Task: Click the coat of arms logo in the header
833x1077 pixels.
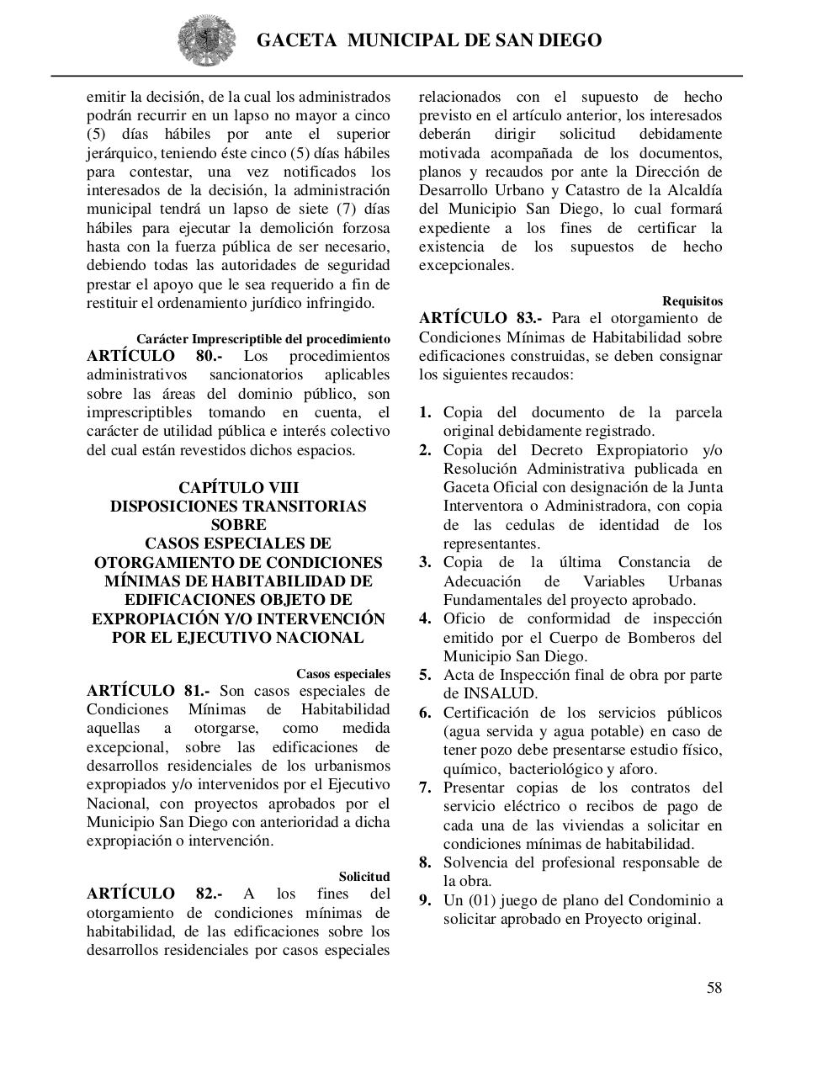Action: [201, 40]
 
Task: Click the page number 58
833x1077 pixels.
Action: [714, 988]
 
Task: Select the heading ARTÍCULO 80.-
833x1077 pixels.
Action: [155, 356]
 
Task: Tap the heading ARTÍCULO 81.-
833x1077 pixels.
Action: [148, 691]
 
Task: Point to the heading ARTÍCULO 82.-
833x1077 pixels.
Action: [155, 894]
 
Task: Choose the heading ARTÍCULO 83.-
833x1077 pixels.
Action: [480, 318]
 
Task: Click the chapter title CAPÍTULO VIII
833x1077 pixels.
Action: [238, 488]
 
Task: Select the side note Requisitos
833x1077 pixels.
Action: [692, 301]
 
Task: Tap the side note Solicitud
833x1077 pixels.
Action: [364, 877]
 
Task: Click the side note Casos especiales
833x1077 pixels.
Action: [342, 674]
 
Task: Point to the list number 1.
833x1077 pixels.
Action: [426, 412]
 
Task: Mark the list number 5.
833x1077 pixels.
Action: [426, 675]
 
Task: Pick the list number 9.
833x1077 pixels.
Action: [426, 900]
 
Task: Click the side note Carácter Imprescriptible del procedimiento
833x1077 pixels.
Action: [263, 339]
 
